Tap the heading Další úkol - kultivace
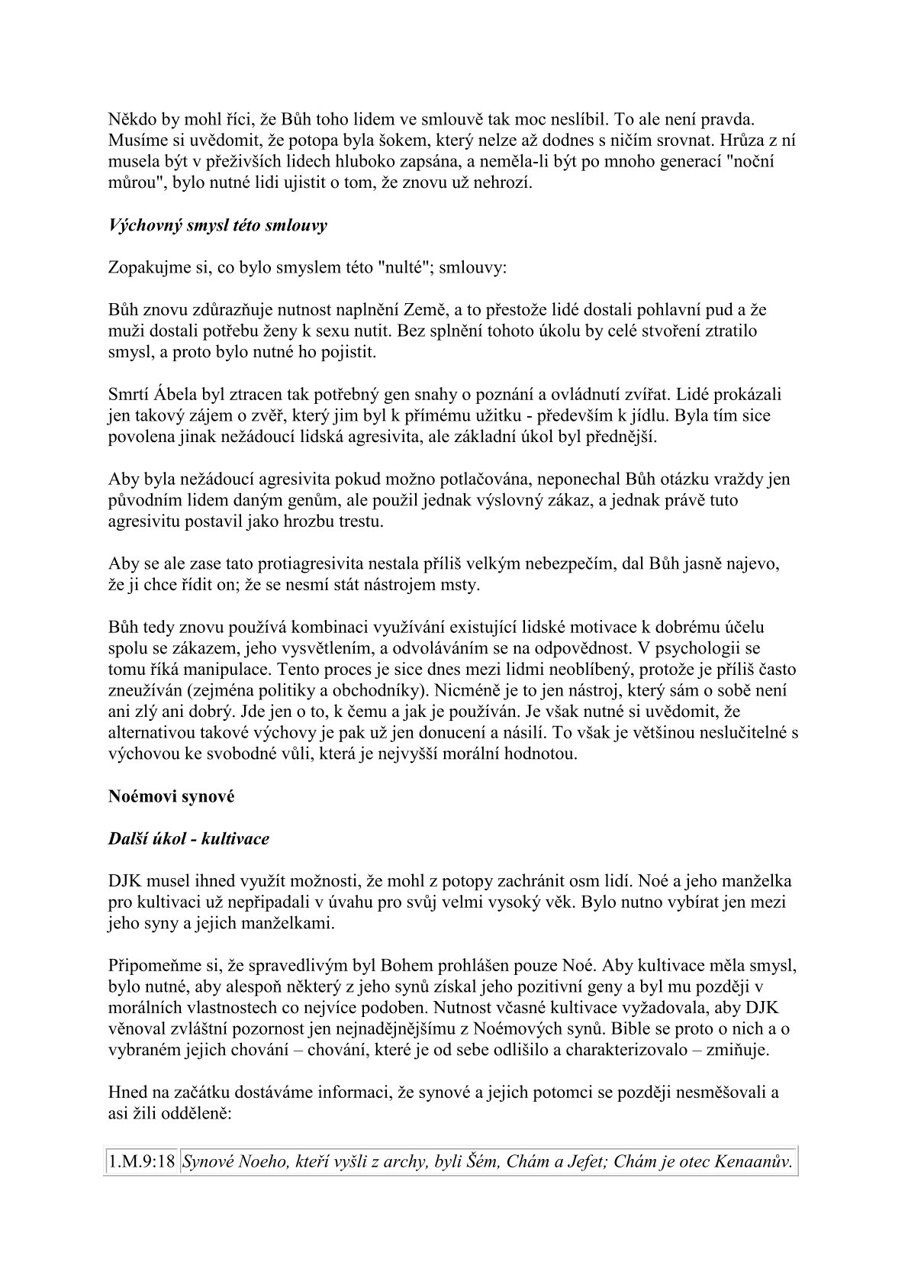pos(188,838)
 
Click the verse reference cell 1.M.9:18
pos(141,1163)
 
